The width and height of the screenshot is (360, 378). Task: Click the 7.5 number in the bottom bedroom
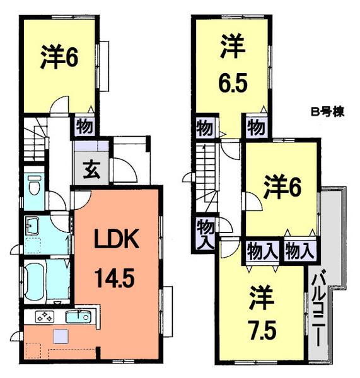[258, 329]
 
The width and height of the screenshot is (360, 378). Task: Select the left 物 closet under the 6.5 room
[204, 127]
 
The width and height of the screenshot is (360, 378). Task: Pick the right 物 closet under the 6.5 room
[255, 127]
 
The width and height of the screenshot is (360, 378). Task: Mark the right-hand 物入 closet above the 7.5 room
[299, 251]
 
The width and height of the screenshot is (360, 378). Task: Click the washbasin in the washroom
[32, 225]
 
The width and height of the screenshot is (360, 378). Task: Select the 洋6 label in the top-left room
[59, 58]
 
